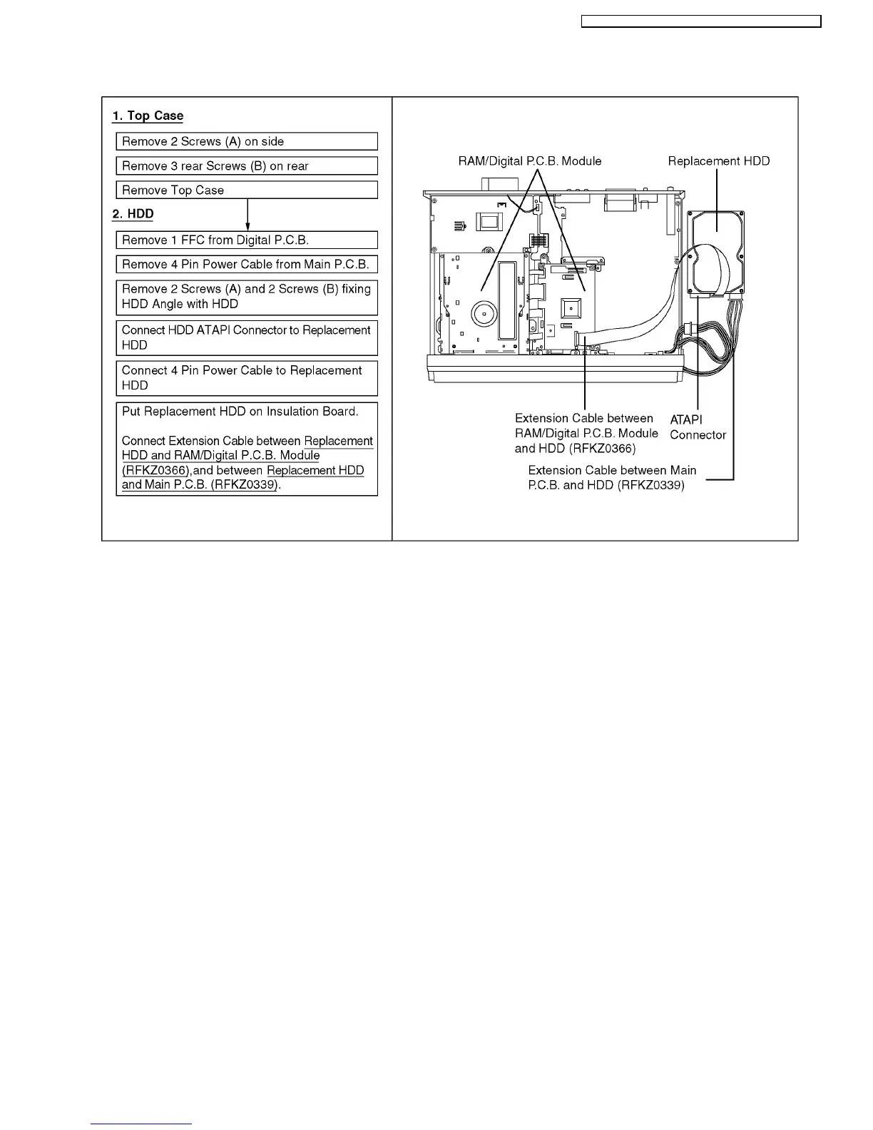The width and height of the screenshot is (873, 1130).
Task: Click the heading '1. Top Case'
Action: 148,116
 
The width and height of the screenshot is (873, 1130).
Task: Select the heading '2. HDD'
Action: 133,214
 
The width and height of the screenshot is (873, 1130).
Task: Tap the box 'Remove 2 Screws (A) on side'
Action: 246,141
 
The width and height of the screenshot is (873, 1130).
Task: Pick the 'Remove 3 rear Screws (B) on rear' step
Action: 246,166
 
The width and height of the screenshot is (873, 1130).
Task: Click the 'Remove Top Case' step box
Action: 246,190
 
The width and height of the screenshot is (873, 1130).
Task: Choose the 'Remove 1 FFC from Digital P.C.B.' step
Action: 246,240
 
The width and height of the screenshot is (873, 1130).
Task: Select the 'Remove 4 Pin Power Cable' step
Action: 246,265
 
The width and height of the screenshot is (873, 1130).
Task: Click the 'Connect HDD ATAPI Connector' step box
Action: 246,337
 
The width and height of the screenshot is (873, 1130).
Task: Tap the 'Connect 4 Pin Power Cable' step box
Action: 246,378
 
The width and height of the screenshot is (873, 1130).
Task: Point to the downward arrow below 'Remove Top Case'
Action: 247,214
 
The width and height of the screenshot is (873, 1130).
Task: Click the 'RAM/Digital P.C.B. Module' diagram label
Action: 529,161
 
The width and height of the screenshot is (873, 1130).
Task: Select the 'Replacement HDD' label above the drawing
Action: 718,161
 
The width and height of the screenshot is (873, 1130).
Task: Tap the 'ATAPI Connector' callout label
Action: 697,427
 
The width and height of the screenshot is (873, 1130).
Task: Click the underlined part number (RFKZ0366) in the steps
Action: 155,471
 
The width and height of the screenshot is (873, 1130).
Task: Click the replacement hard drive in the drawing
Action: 715,253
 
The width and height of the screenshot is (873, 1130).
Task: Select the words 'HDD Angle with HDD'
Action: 180,304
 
